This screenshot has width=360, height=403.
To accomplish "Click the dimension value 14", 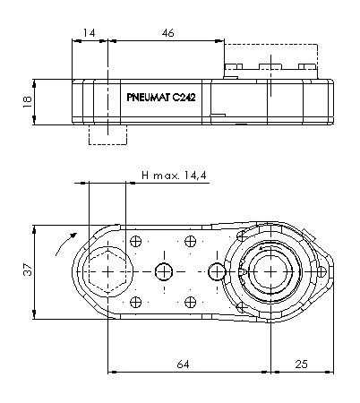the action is [x=89, y=32].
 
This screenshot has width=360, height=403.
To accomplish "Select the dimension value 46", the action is [x=168, y=33].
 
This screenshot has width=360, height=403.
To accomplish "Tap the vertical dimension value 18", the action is [x=28, y=101].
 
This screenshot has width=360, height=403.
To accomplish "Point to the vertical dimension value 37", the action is [x=28, y=270].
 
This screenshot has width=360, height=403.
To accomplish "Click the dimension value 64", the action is [x=183, y=364].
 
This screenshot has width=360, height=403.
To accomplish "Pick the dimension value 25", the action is [x=301, y=364].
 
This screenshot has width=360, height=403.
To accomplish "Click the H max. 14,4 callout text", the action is [x=174, y=175].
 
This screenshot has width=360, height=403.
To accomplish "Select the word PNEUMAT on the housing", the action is [x=149, y=98].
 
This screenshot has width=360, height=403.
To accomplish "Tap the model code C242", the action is [x=184, y=98].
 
